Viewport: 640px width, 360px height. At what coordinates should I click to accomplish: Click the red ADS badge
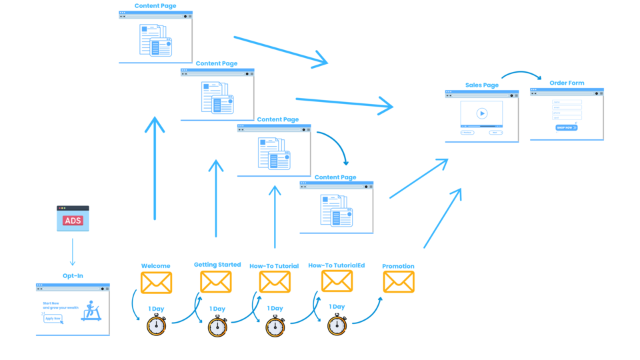(73, 221)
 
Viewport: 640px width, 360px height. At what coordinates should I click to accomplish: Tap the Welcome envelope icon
(157, 283)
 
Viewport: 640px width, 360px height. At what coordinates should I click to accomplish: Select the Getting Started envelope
(216, 282)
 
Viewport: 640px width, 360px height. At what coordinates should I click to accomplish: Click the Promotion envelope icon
(399, 282)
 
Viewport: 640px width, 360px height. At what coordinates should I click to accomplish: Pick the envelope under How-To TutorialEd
(337, 281)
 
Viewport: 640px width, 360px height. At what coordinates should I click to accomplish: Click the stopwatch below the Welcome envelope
(157, 325)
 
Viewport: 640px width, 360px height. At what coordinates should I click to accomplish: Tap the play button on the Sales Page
(482, 113)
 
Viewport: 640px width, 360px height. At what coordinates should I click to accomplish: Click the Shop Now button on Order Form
(566, 127)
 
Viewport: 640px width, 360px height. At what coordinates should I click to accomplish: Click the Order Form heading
(567, 83)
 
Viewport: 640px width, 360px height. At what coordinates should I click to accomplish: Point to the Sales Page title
(482, 85)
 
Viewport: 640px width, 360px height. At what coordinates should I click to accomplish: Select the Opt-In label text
(73, 275)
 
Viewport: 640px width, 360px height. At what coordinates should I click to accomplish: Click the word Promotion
(398, 266)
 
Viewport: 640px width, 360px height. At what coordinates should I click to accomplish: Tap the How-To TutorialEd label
(337, 265)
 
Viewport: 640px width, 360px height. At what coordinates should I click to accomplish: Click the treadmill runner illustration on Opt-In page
(91, 311)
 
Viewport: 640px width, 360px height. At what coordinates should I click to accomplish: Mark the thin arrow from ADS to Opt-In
(73, 253)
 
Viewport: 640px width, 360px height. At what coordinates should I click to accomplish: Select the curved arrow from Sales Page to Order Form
(521, 74)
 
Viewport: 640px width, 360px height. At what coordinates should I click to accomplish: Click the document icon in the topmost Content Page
(155, 40)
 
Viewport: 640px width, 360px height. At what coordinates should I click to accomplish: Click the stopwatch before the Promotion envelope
(337, 325)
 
